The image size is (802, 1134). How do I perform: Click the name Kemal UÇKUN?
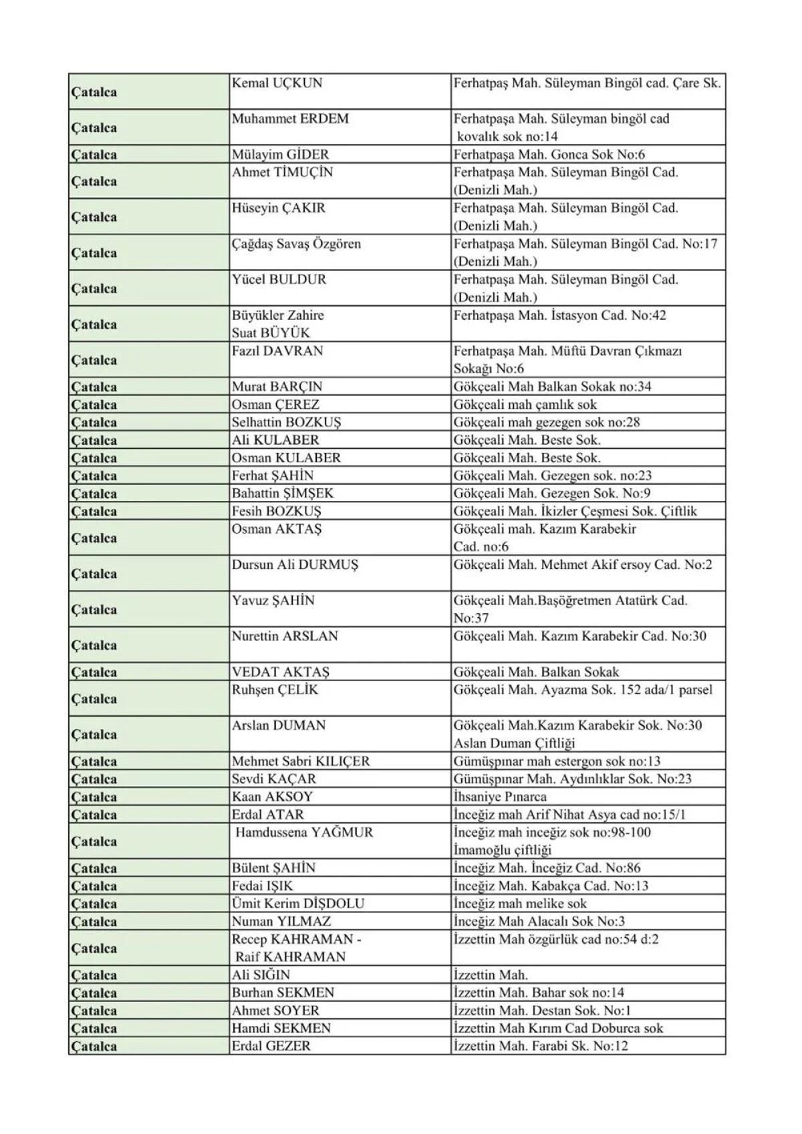[x=277, y=83]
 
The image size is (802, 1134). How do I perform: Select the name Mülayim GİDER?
[x=280, y=155]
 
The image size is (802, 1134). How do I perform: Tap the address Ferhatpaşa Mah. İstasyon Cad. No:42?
[x=559, y=315]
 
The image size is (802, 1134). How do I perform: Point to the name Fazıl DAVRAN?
[x=277, y=351]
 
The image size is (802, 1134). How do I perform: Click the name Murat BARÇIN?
[x=277, y=387]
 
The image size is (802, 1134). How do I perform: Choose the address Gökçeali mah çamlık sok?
[x=525, y=405]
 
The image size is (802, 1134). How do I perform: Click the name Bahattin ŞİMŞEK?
[x=282, y=494]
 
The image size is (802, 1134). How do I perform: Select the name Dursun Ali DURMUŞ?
[x=295, y=565]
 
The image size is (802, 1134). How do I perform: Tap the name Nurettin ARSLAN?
[x=285, y=636]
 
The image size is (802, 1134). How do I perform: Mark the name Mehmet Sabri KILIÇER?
[x=300, y=761]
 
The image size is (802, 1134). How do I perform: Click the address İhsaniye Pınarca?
[x=499, y=797]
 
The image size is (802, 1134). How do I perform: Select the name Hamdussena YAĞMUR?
[x=304, y=833]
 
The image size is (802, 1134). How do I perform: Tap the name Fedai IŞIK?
[x=262, y=886]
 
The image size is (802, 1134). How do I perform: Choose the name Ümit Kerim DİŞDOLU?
[x=297, y=904]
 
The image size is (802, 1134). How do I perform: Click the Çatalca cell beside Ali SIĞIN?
[x=94, y=975]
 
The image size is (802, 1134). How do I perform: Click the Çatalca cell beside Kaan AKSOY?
[x=94, y=797]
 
